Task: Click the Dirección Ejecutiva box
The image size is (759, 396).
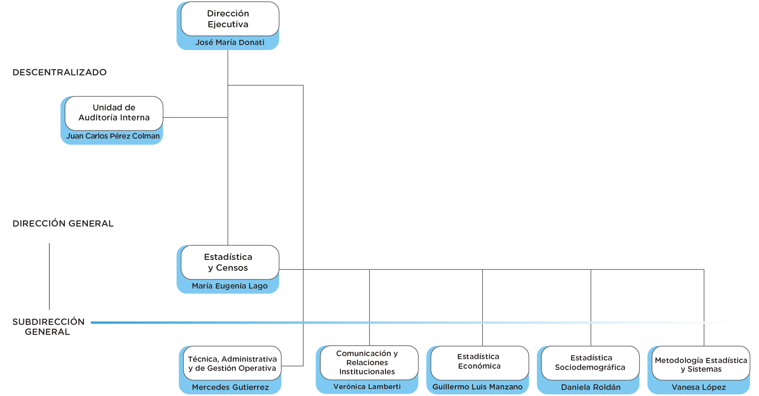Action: pos(230,19)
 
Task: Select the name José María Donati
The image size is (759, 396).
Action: pos(230,42)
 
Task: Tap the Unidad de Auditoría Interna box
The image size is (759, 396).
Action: pos(114,113)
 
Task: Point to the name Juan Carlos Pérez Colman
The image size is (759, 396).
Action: pos(113,136)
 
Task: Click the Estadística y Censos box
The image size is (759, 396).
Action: pos(230,262)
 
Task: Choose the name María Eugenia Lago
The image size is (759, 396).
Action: pos(230,286)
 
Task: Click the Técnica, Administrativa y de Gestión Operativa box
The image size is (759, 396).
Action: pos(232,363)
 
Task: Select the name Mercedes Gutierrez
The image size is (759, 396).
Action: pos(230,387)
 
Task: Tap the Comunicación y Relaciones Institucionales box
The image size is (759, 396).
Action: pos(369,363)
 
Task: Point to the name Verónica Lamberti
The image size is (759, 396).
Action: pos(367,386)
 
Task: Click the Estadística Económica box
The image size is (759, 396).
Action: pos(480,363)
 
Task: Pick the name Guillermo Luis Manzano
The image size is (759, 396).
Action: pos(477,387)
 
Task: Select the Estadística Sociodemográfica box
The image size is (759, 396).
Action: pos(590,363)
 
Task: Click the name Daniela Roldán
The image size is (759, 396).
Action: pos(591,387)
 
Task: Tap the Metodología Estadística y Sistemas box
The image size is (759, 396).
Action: pos(701,363)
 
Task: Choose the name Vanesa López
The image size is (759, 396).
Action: pos(699,387)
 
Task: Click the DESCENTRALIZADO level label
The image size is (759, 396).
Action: pos(60,72)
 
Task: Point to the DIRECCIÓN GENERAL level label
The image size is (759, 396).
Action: pos(63,224)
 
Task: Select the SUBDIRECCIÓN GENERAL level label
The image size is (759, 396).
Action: pos(48,327)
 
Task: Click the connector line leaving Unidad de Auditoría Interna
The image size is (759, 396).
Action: pos(196,117)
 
